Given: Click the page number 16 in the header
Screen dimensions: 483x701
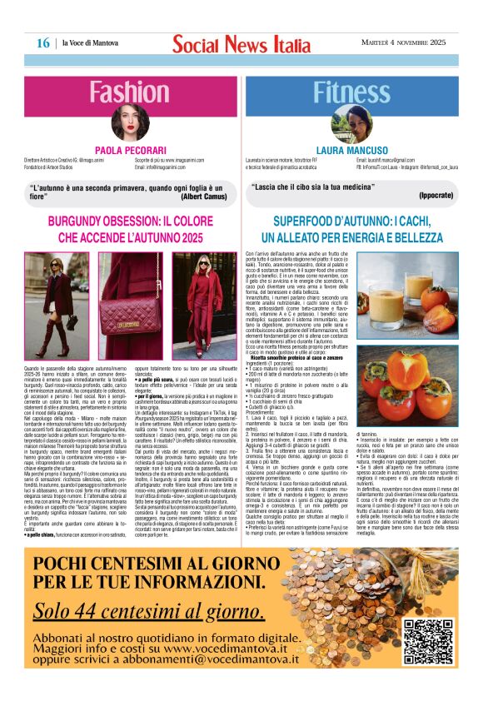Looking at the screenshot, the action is click(x=42, y=42).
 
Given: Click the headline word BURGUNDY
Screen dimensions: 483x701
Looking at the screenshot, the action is click(x=83, y=221).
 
